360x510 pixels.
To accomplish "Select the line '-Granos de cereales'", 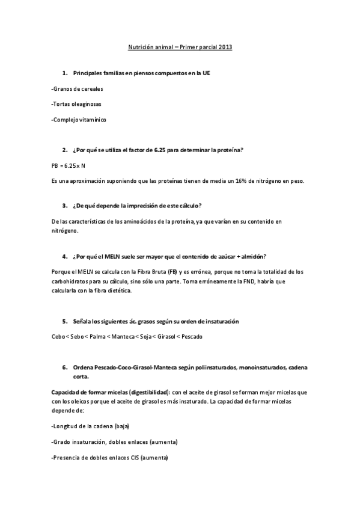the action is tap(78, 88).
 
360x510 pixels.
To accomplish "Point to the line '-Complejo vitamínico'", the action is tap(79, 120).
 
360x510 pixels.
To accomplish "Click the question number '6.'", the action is tap(65, 367).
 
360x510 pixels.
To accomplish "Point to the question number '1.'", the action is tap(65, 73).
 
